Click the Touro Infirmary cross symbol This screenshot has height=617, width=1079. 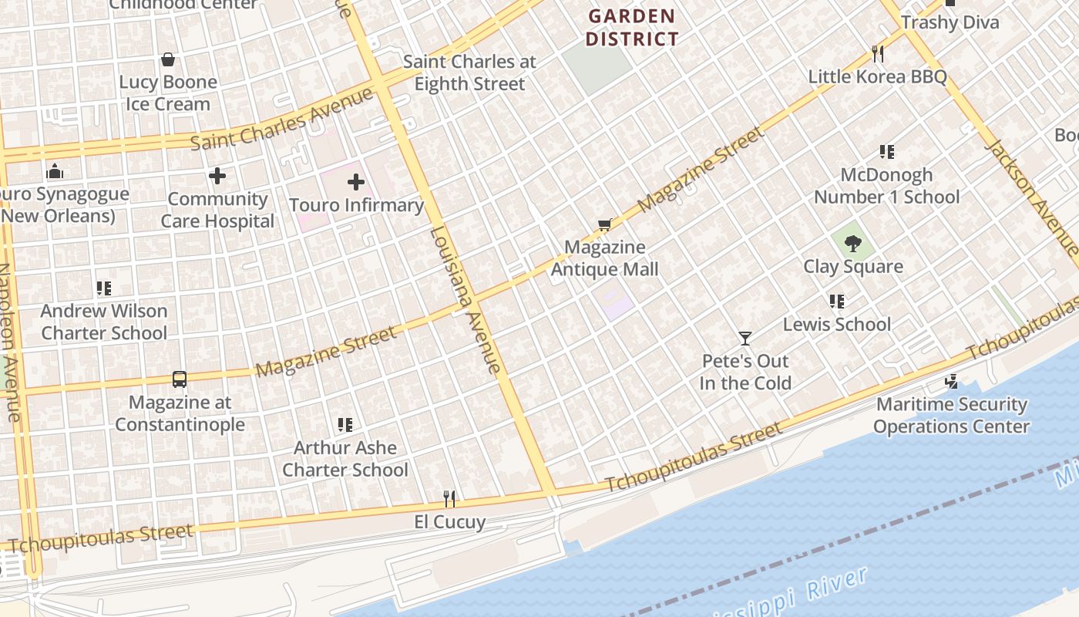355,182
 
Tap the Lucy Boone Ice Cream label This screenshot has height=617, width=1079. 168,93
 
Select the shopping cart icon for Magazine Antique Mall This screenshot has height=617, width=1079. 605,224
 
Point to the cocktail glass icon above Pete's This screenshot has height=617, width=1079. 745,338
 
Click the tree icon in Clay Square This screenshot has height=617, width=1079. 852,244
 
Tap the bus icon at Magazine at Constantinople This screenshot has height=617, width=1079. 180,379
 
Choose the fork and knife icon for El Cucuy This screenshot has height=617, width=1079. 449,499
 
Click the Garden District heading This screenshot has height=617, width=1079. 632,27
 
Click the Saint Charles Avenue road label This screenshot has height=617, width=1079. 282,120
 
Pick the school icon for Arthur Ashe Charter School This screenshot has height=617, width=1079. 345,424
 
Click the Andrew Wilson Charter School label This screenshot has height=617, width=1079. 104,322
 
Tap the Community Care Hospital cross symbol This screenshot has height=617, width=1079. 217,176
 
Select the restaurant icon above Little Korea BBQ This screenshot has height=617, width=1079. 877,53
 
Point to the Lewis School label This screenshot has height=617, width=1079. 837,324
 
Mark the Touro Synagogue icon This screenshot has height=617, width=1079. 55,170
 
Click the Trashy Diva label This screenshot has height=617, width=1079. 950,22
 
